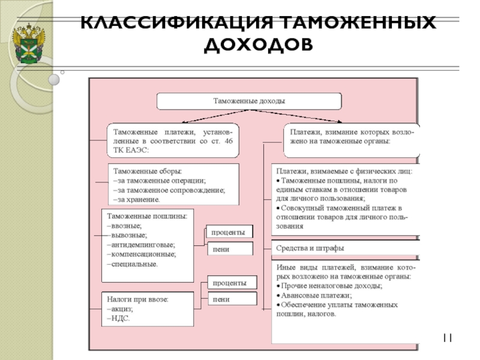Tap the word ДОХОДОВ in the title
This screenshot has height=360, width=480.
[259, 44]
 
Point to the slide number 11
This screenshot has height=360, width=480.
[447, 339]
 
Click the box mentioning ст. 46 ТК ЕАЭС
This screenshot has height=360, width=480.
[173, 140]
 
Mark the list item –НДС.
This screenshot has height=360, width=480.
[119, 318]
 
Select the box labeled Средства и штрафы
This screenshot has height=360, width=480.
[310, 248]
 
